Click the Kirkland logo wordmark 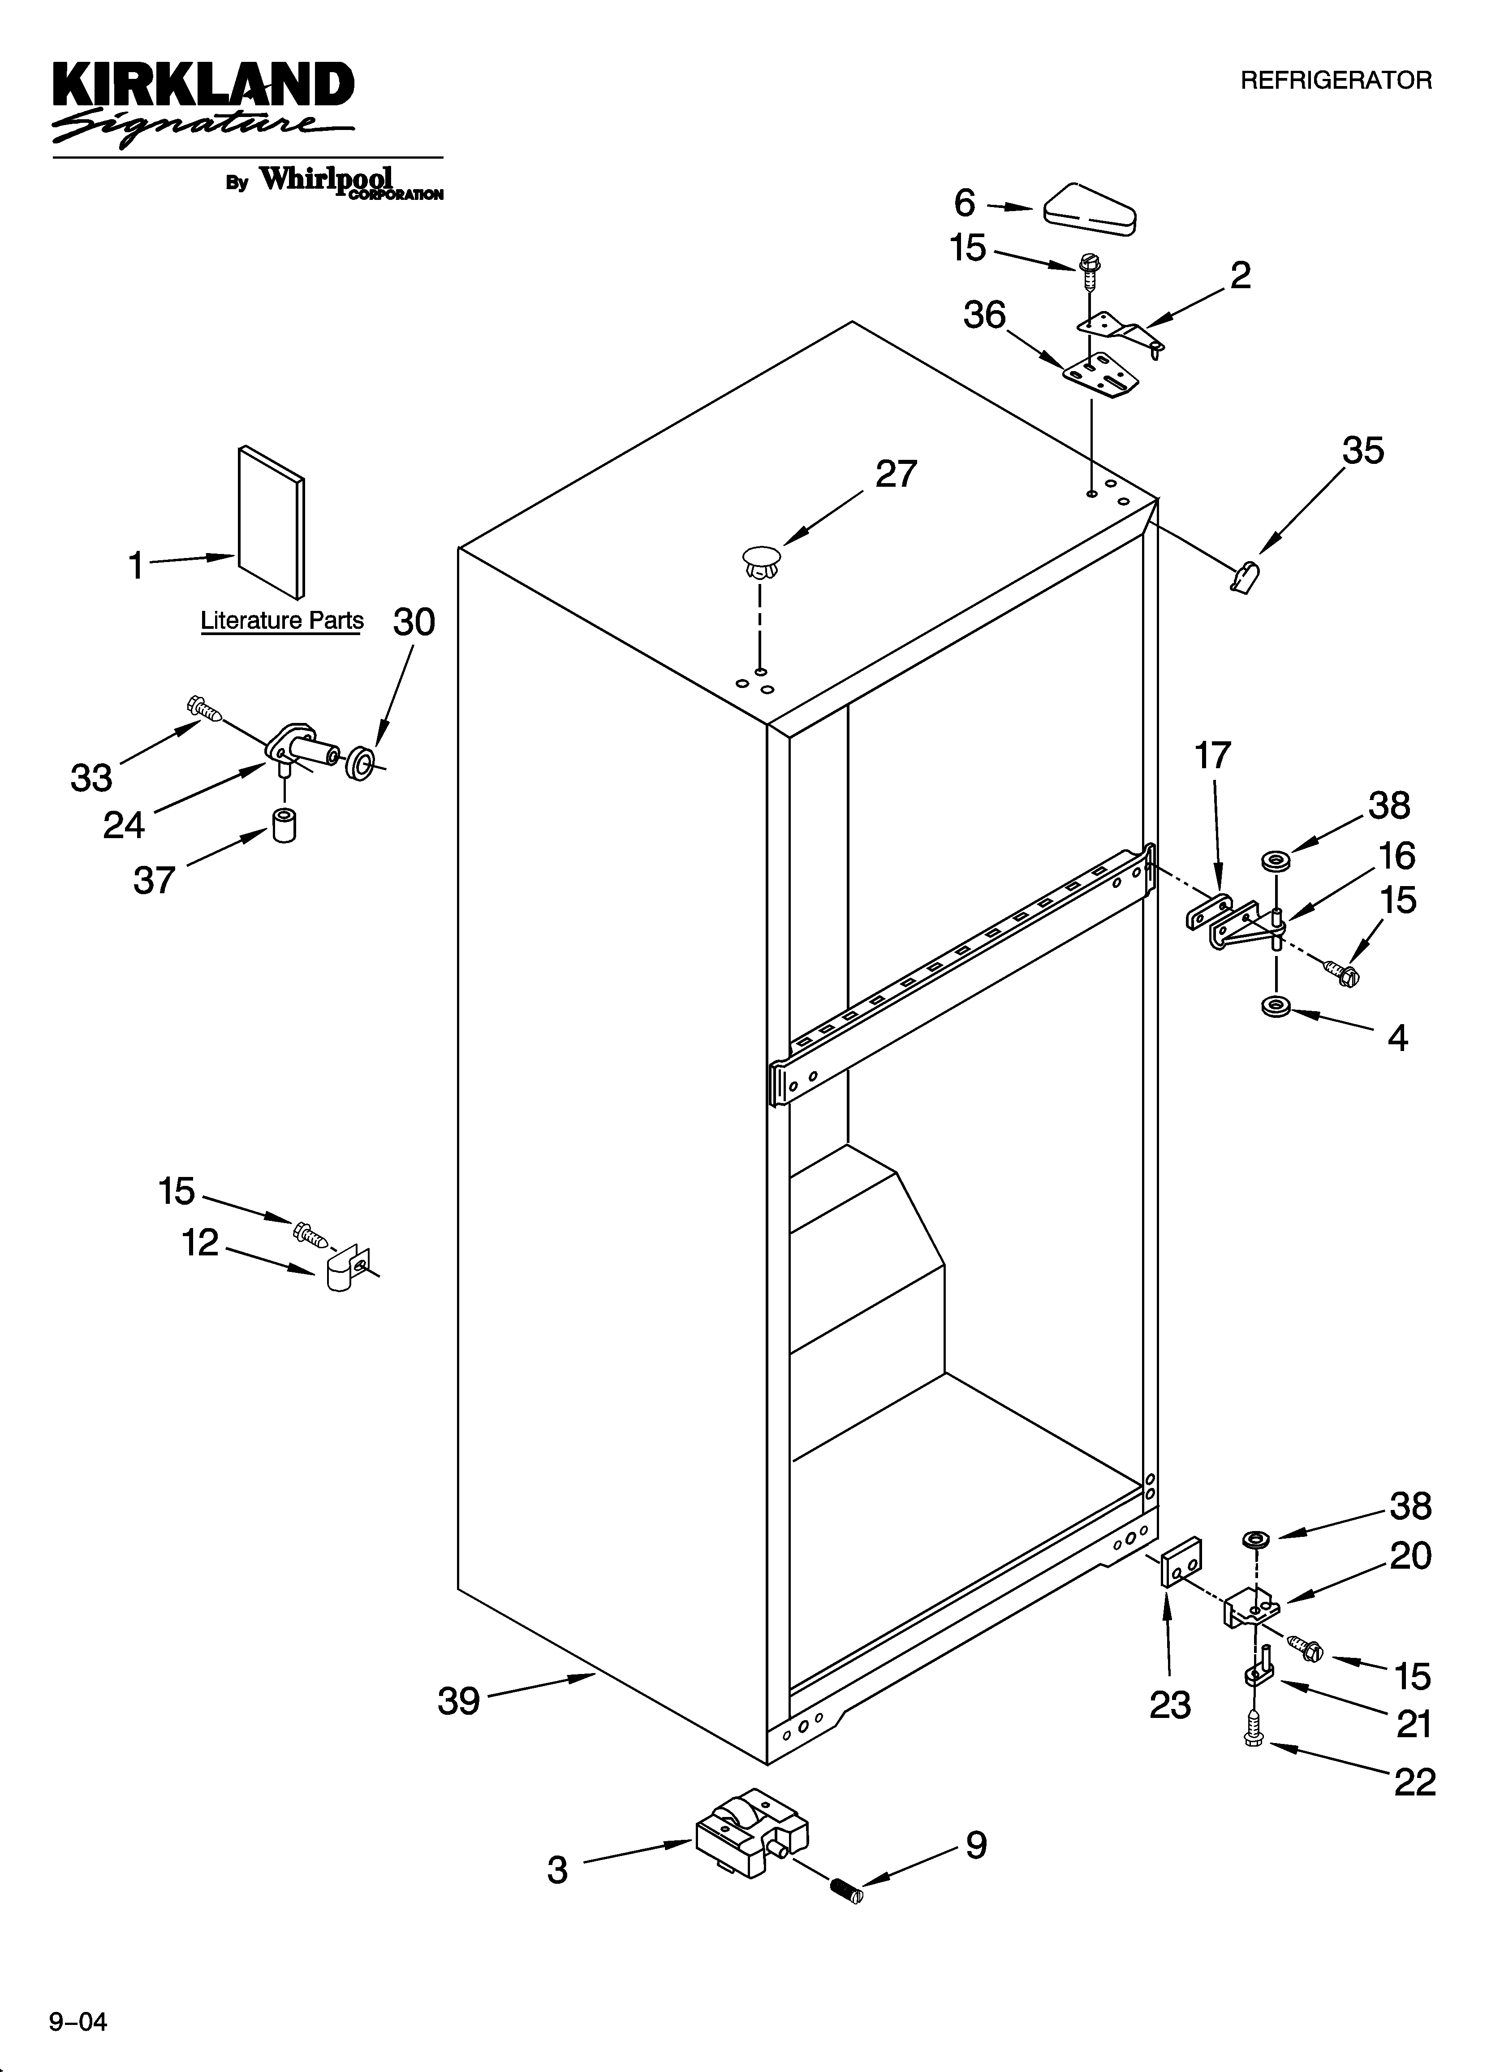(x=203, y=87)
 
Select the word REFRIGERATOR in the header (x=1336, y=81)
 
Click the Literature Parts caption (x=281, y=620)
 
